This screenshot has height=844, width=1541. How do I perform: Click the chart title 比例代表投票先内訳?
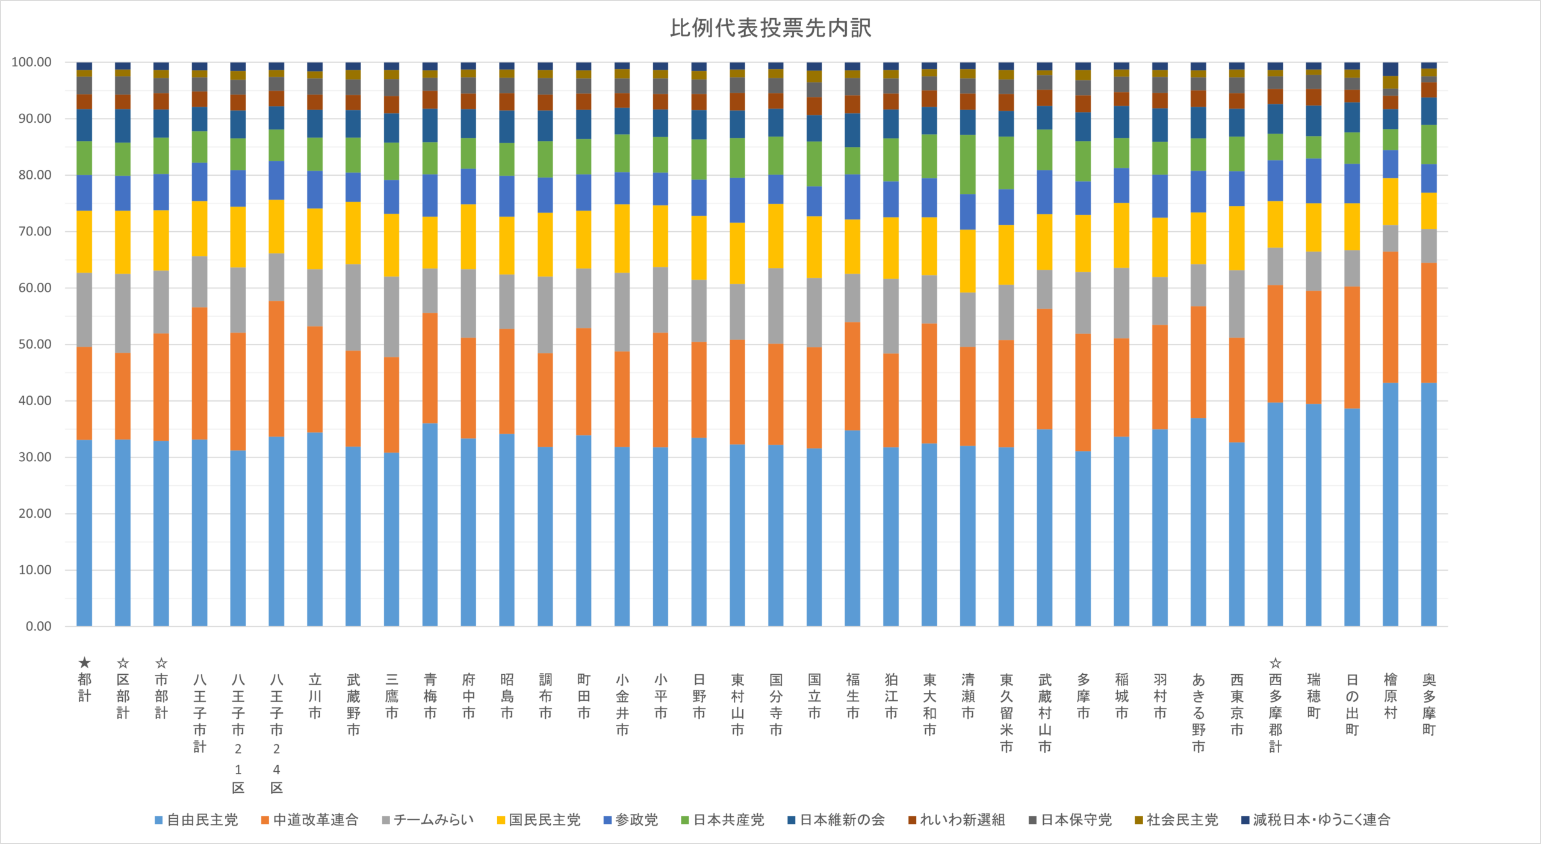[x=770, y=28]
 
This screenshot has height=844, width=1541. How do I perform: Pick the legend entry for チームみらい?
[x=428, y=820]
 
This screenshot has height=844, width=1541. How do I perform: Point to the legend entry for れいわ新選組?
[x=957, y=820]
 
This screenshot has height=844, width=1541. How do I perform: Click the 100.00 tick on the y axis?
[x=32, y=62]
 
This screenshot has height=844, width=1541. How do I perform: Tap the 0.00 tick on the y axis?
[x=39, y=626]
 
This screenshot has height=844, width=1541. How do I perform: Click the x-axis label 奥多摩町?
[x=1428, y=704]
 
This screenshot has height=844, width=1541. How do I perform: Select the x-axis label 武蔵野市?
[x=353, y=704]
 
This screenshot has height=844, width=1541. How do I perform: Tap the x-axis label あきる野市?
[x=1198, y=713]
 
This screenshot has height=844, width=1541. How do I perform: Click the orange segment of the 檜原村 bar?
[x=1390, y=317]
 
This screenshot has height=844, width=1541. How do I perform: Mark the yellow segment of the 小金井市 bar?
[x=622, y=239]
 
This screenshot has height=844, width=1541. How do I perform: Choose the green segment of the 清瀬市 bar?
[x=967, y=164]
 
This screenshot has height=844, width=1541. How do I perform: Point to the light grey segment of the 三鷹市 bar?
[x=391, y=317]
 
